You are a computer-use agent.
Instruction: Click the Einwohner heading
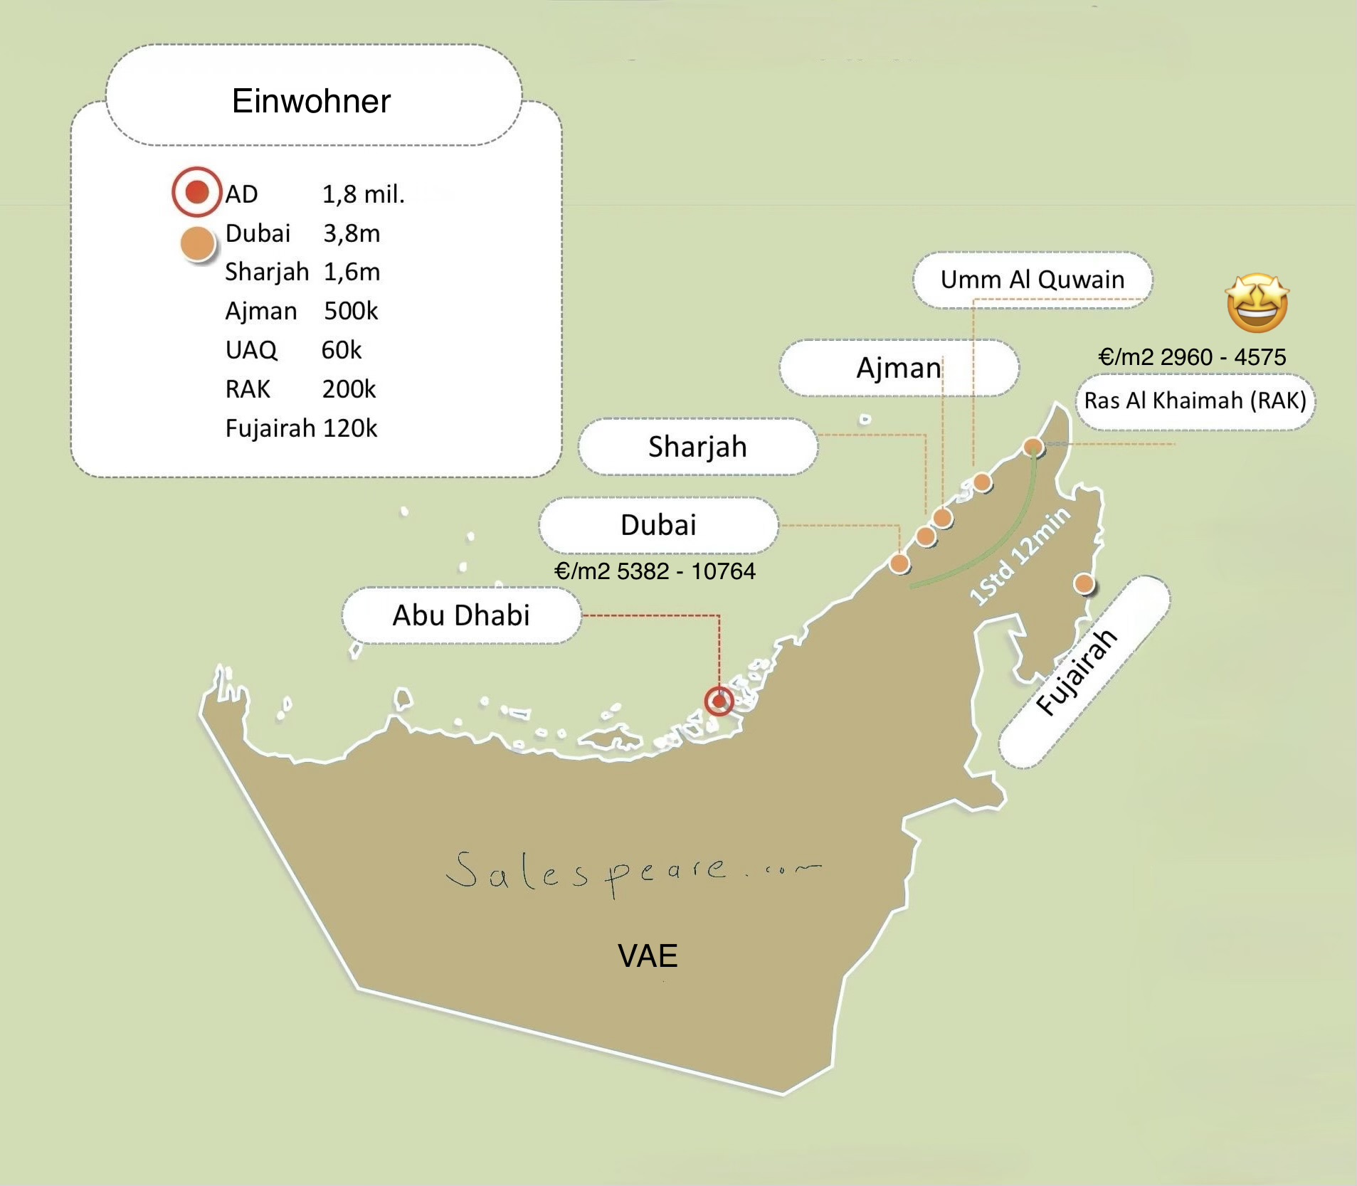coord(311,101)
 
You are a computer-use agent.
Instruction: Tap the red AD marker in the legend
coord(196,191)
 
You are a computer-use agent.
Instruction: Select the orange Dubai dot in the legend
coord(198,243)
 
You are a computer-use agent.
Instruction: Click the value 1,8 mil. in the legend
coord(363,194)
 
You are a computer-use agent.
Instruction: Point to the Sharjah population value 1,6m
coord(352,272)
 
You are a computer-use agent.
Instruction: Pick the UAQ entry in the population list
coord(250,350)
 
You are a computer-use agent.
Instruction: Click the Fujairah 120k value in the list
coord(349,428)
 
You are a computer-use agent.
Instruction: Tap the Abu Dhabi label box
coord(461,615)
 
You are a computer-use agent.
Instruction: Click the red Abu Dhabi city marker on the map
coord(719,701)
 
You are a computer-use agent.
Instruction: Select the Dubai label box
coord(658,525)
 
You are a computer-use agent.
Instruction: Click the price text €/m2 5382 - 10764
coord(655,571)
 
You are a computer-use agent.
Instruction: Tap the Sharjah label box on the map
coord(697,447)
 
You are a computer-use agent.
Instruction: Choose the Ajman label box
coord(898,368)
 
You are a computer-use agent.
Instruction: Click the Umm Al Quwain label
coord(1032,280)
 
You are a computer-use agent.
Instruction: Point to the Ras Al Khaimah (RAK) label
coord(1195,401)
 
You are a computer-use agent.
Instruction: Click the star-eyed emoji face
coord(1257,303)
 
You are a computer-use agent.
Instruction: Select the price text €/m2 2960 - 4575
coord(1192,356)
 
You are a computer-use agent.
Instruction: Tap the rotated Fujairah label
coord(1077,672)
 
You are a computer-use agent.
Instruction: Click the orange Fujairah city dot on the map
coord(1083,584)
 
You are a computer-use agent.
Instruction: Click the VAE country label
coord(648,955)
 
